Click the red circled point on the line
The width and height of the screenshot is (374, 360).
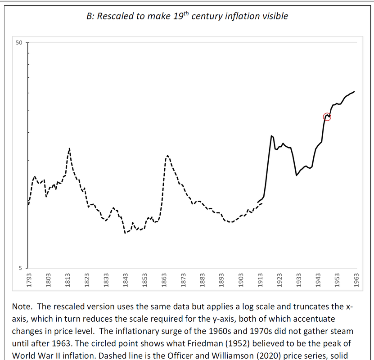point(327,117)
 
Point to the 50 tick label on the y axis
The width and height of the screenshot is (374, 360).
point(19,43)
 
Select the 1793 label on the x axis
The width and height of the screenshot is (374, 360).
point(29,279)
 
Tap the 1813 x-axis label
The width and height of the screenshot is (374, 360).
point(68,279)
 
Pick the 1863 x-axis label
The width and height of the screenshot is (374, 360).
point(164,279)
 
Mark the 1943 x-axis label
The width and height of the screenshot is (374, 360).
point(318,279)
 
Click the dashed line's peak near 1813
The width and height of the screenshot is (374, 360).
point(69,148)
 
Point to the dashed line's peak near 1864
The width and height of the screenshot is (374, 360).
point(167,156)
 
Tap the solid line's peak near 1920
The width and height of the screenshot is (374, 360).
point(271,135)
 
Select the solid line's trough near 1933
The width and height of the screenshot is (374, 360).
point(296,175)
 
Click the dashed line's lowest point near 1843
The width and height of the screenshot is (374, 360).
point(125,233)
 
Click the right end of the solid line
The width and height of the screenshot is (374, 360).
point(355,91)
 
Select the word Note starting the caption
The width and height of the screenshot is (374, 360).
point(23,306)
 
